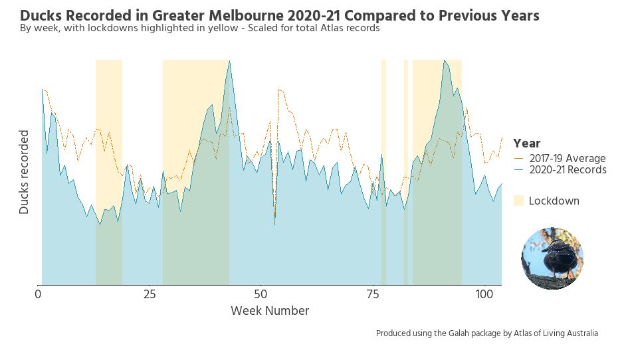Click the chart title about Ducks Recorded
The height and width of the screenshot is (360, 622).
pos(279,15)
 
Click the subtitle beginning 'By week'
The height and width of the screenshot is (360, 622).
pos(199,29)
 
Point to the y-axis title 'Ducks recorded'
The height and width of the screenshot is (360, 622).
pos(24,171)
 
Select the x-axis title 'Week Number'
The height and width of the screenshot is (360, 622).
pos(269,310)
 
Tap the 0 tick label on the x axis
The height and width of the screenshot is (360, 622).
pos(38,294)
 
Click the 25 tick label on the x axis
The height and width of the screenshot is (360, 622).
pos(150,294)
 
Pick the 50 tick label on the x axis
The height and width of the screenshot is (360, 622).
pos(261,294)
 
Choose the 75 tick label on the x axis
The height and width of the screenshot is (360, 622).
pos(373,294)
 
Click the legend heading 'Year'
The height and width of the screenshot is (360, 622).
pos(526,143)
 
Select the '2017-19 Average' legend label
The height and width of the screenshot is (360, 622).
pos(568,158)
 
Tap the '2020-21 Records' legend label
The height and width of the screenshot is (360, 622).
pos(568,169)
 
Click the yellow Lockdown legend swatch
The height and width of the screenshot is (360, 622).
pos(518,201)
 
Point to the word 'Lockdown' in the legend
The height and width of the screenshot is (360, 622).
pos(554,201)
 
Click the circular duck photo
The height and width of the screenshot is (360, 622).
pos(552,258)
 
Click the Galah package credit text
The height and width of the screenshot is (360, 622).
pos(486,333)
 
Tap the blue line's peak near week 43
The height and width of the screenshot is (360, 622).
pos(229,62)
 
